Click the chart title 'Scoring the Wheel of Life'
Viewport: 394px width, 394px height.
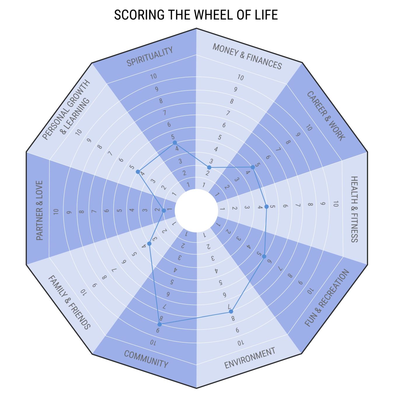click(x=196, y=15)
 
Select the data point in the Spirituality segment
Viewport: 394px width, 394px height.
click(x=175, y=143)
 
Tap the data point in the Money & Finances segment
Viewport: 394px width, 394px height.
click(x=209, y=167)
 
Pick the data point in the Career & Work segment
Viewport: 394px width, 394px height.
click(x=253, y=167)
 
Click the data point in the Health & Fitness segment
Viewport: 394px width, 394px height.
click(x=266, y=207)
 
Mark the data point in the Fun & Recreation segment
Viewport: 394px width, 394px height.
click(x=264, y=257)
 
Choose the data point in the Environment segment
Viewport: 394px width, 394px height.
click(x=231, y=312)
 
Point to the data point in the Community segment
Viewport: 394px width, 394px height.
click(x=159, y=324)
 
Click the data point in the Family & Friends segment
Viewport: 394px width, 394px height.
click(x=149, y=244)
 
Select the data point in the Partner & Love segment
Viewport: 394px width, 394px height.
click(x=164, y=210)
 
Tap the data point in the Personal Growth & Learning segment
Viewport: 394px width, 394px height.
click(x=138, y=172)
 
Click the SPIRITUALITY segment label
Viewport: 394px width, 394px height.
click(x=150, y=56)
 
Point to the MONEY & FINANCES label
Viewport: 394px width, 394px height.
click(x=247, y=56)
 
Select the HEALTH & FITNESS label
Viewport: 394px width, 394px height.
click(x=354, y=209)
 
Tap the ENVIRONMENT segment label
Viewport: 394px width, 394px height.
click(x=250, y=358)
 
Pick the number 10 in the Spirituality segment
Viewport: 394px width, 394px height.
click(x=154, y=76)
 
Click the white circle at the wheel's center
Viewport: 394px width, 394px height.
click(x=196, y=210)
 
